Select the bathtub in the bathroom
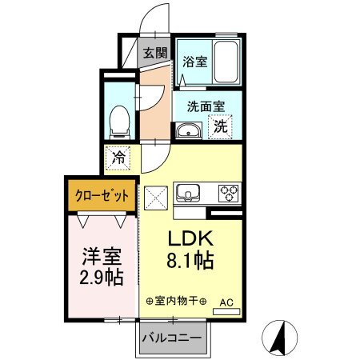225,62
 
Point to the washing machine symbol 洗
219,125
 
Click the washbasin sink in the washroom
190,130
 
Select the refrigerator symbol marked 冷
118,158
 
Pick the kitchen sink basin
189,193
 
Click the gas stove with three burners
229,193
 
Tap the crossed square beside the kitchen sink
154,196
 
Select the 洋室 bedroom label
102,258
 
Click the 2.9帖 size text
102,278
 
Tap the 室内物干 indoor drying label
176,302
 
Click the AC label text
226,302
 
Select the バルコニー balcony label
171,337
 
